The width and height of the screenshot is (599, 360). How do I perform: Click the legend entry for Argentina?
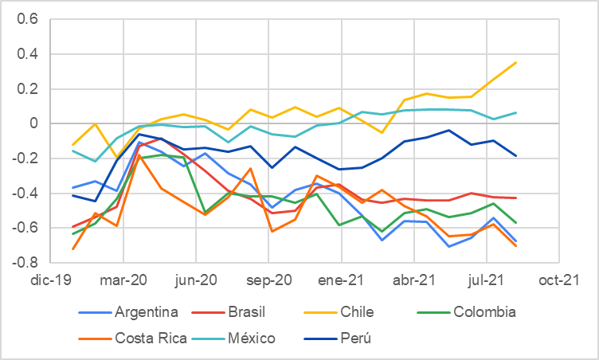[x=145, y=311]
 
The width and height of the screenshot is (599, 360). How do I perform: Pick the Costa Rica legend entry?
[x=151, y=338]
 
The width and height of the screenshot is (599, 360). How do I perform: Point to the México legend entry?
[x=249, y=338]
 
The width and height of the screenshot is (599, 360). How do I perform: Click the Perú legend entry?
[x=355, y=338]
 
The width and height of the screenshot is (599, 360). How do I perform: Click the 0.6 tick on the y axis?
[x=29, y=19]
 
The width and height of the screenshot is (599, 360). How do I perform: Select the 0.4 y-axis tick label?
[x=29, y=54]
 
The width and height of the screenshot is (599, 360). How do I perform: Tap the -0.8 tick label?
[x=26, y=262]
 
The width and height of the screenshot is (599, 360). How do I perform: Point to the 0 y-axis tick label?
[x=34, y=123]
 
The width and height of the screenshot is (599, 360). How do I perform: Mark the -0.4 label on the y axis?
[x=26, y=193]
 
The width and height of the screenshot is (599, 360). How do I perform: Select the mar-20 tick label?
[x=123, y=280]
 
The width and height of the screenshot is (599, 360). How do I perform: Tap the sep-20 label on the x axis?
[x=268, y=280]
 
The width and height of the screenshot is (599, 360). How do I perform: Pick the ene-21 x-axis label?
[x=341, y=280]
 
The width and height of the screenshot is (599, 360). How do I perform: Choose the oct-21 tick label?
[x=558, y=280]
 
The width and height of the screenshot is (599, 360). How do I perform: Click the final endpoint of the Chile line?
[x=516, y=62]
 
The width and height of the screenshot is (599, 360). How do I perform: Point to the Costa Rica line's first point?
[x=52, y=248]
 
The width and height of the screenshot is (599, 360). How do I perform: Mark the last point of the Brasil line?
[x=516, y=198]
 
